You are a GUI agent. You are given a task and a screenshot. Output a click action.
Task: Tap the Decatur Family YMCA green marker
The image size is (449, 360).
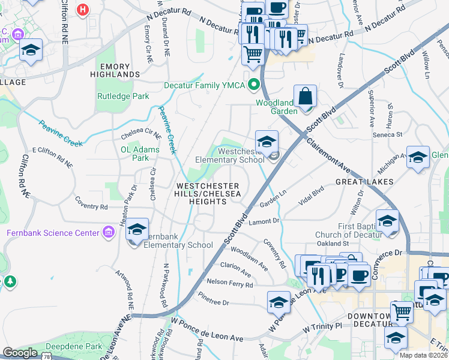(x=254, y=85)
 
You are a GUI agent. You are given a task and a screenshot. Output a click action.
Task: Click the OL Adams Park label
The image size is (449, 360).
(x=140, y=154)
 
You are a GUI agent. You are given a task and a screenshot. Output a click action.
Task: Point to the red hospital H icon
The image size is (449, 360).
(x=83, y=10)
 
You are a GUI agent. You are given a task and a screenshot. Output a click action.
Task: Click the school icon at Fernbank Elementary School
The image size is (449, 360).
(x=137, y=229)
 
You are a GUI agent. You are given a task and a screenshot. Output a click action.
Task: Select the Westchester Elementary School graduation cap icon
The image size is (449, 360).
(x=267, y=142)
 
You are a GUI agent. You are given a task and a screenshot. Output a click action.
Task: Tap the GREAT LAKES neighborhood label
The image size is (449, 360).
(x=364, y=181)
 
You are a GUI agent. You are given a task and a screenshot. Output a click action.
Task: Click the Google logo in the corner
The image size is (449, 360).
(x=20, y=353)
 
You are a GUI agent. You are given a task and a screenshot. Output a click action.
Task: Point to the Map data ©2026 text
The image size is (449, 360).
(x=424, y=355)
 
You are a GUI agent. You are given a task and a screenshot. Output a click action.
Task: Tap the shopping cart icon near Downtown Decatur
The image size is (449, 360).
(x=402, y=312)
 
